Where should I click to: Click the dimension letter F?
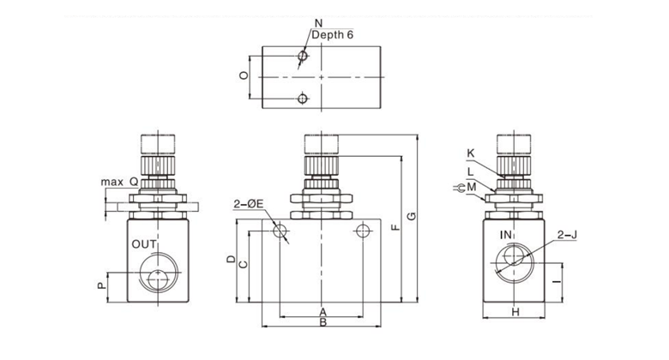[x=394, y=228]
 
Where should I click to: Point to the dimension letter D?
[x=230, y=258]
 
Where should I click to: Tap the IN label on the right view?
[x=507, y=233]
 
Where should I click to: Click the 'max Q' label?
[x=119, y=182]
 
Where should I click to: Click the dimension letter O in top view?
[x=244, y=76]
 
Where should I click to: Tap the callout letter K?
[x=471, y=154]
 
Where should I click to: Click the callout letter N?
[x=318, y=22]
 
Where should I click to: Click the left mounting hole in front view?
[x=280, y=231]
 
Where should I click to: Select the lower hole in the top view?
[x=302, y=99]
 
